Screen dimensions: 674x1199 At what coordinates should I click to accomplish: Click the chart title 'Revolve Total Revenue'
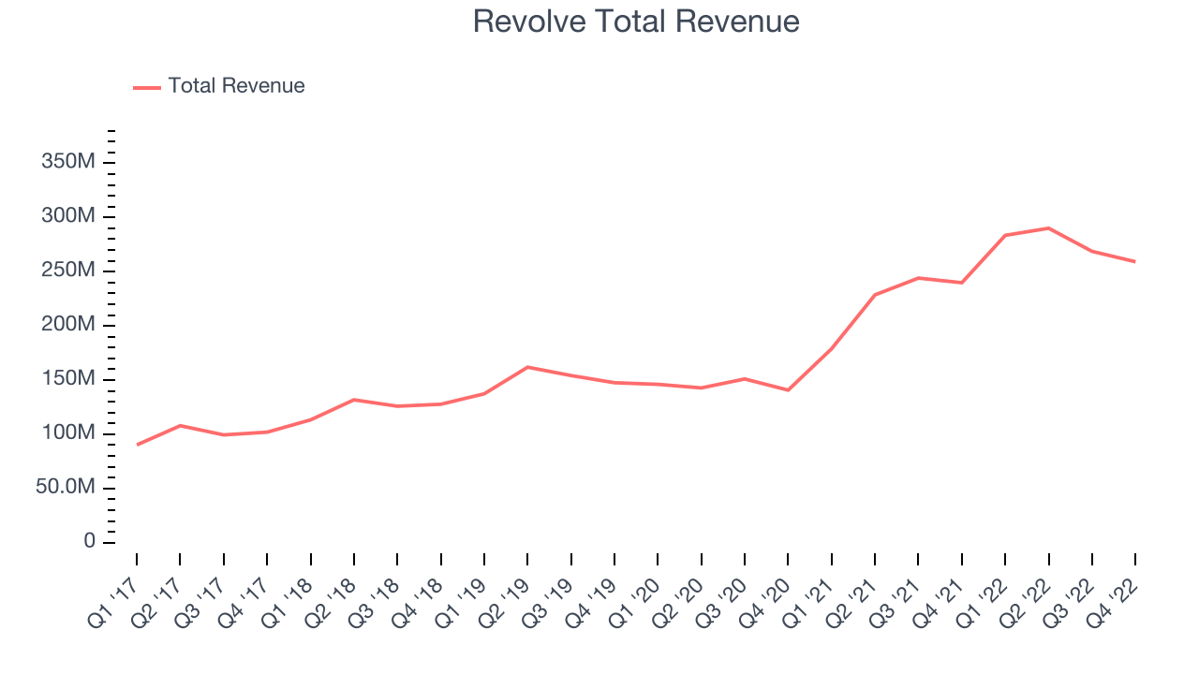click(x=636, y=22)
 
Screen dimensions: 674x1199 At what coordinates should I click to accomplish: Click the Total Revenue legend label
click(x=236, y=86)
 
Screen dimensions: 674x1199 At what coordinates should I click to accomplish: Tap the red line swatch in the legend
click(x=147, y=87)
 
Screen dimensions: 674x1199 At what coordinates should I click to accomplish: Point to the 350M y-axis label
click(x=68, y=163)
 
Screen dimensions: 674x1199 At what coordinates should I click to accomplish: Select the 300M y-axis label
click(x=68, y=217)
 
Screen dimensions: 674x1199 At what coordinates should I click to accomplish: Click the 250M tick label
click(x=68, y=271)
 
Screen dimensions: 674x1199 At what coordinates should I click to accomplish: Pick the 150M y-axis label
click(x=68, y=379)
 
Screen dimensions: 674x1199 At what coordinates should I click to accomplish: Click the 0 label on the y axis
click(x=89, y=542)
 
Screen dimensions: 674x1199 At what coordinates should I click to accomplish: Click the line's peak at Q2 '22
click(x=1049, y=228)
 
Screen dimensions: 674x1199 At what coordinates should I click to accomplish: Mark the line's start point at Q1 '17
click(x=137, y=445)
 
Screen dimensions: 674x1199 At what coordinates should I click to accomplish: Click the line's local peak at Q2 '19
click(x=527, y=367)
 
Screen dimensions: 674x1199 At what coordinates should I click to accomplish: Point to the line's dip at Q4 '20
click(x=788, y=390)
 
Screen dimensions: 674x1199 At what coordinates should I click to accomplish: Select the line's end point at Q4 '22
click(x=1135, y=261)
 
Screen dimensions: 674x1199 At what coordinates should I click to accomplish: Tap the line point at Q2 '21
click(x=875, y=295)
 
